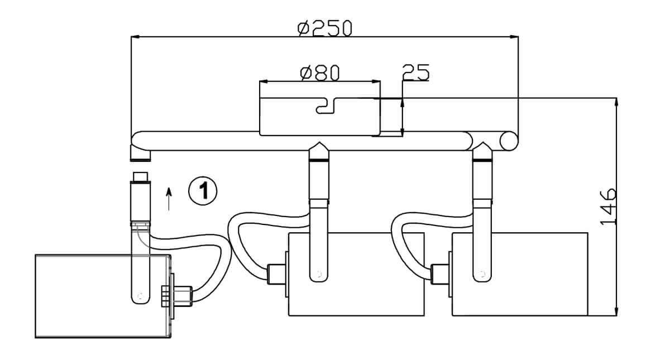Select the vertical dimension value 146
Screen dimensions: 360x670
pyautogui.click(x=608, y=207)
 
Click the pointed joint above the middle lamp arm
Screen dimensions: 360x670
pyautogui.click(x=318, y=151)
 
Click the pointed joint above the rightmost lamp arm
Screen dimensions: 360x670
pyautogui.click(x=482, y=151)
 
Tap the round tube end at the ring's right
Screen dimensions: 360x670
pyautogui.click(x=509, y=141)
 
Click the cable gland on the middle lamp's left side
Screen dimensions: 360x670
pyautogui.click(x=276, y=273)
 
